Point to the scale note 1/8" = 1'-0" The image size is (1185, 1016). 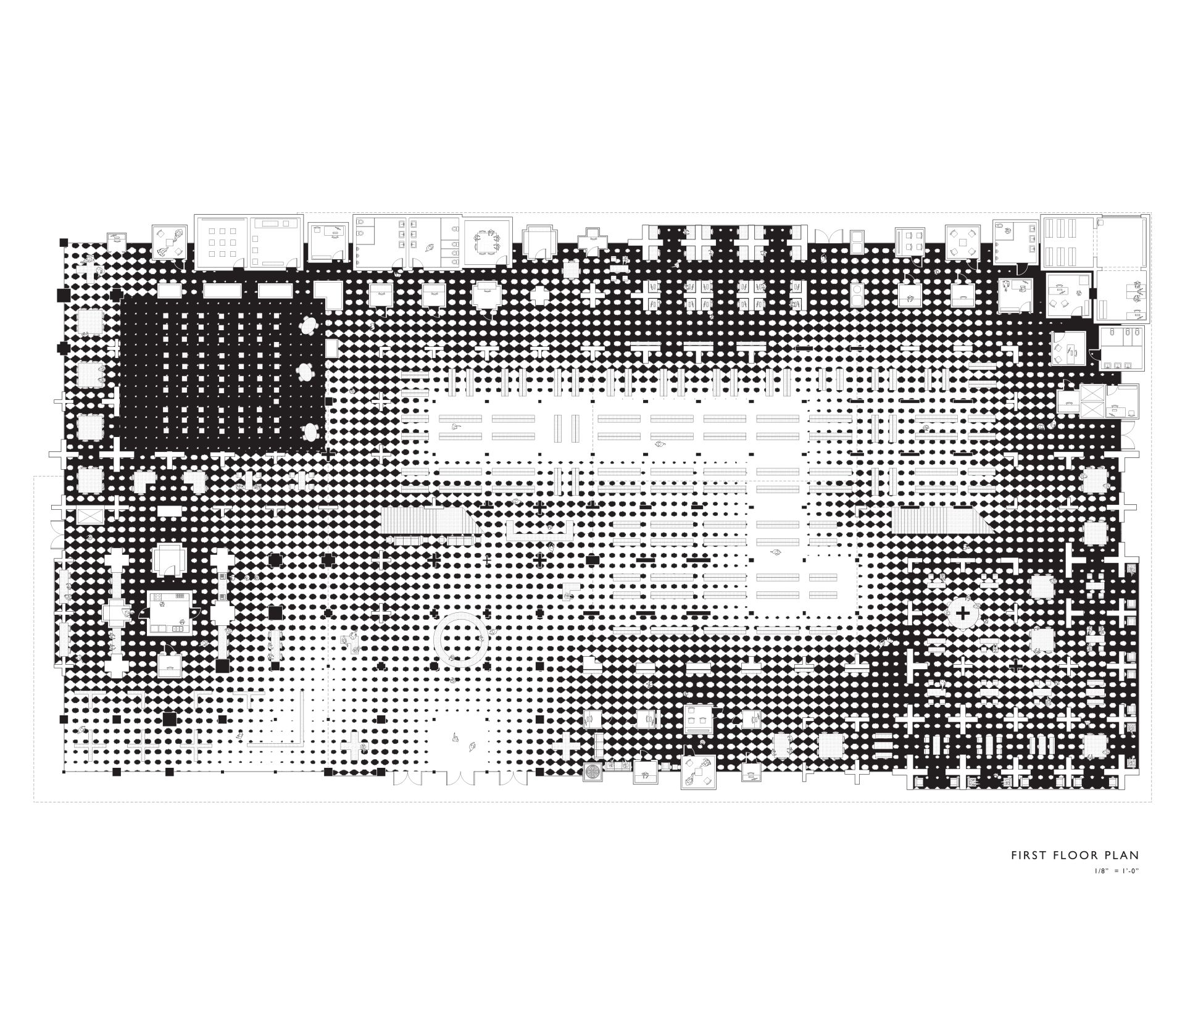(x=1115, y=871)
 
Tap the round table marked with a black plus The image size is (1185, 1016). (x=962, y=613)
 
